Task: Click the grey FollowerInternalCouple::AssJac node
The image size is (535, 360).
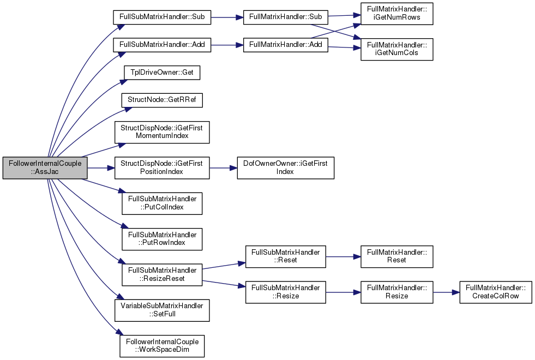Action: (45, 168)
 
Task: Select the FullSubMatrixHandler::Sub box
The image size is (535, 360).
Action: (162, 17)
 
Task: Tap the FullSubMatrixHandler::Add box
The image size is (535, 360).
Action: (162, 45)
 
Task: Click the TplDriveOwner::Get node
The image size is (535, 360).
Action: (162, 73)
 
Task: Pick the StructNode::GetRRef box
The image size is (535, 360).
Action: (162, 100)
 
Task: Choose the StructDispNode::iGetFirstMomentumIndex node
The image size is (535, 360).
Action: (162, 132)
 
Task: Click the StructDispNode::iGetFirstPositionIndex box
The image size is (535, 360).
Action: (162, 168)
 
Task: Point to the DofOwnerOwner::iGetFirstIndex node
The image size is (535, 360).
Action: (286, 168)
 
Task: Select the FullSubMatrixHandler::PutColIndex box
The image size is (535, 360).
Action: (162, 203)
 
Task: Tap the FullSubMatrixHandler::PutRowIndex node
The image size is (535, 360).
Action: (162, 239)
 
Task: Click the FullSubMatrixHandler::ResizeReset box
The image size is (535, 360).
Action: (162, 275)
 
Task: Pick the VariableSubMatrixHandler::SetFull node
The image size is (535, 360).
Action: (162, 310)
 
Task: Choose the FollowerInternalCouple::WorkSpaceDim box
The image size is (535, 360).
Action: (162, 346)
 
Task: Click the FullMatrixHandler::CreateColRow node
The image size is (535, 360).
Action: (496, 292)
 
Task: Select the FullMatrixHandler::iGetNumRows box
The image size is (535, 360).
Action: (397, 14)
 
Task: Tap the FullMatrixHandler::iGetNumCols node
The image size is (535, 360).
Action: (397, 50)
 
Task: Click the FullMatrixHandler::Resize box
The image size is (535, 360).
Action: (397, 292)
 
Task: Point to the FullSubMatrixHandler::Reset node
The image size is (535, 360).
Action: (286, 256)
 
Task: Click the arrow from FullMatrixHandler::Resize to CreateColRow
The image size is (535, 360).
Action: (446, 292)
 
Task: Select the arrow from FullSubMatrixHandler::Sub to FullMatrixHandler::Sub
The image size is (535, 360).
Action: (227, 17)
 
